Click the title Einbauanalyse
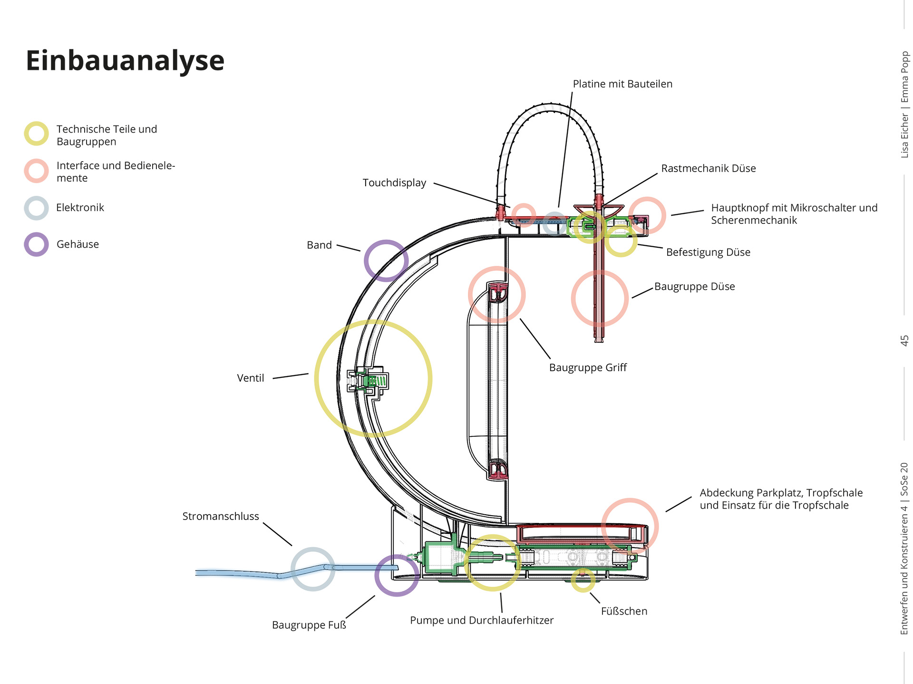(x=125, y=61)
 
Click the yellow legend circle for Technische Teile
(x=37, y=134)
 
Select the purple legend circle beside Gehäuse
(x=37, y=244)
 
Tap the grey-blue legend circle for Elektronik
(x=37, y=208)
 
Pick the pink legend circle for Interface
(x=37, y=171)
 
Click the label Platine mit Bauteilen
(x=622, y=84)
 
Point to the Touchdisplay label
(x=394, y=183)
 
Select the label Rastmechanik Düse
(x=708, y=169)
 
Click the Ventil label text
(x=250, y=378)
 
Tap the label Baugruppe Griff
(x=588, y=367)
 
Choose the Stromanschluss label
(x=221, y=516)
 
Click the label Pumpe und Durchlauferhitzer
(x=482, y=620)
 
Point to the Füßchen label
(x=624, y=611)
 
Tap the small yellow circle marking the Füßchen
(x=583, y=580)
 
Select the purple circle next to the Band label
(x=386, y=260)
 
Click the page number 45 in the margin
(x=904, y=341)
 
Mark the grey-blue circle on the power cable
(x=312, y=569)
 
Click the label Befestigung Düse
(x=708, y=252)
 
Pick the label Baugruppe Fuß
(x=309, y=625)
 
